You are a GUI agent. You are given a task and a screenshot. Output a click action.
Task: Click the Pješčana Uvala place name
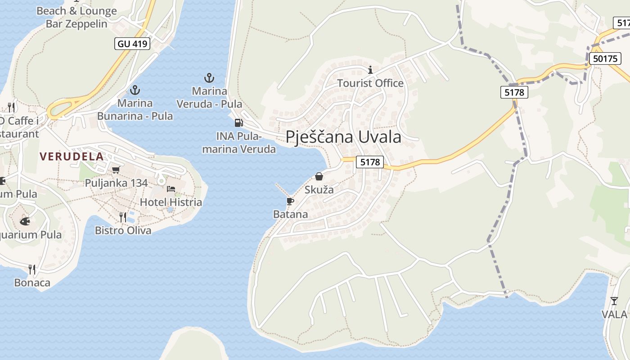[343, 136]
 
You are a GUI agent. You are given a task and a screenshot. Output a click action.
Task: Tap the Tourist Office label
[370, 83]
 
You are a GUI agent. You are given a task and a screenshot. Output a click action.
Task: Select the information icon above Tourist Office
[370, 70]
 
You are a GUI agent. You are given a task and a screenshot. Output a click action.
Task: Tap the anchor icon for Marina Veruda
[209, 78]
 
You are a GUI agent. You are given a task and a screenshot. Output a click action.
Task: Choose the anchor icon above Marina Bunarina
[135, 90]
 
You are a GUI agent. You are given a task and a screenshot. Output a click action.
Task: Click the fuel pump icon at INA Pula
[238, 122]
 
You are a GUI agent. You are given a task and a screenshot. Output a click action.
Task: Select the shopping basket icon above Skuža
[319, 176]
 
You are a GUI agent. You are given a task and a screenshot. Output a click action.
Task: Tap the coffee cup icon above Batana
[290, 201]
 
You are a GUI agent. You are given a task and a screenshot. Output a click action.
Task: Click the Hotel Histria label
[171, 202]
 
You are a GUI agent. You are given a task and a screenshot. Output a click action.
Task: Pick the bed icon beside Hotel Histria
[171, 189]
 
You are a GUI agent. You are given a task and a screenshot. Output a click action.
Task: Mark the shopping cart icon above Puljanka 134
[116, 170]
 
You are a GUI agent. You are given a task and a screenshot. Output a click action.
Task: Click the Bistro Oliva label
[123, 230]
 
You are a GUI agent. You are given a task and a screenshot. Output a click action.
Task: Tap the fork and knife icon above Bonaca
[32, 269]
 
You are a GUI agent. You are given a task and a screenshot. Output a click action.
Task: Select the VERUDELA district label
[72, 157]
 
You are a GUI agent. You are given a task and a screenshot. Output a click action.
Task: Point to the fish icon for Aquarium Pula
[25, 221]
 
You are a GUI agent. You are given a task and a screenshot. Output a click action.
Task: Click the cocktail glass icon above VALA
[614, 301]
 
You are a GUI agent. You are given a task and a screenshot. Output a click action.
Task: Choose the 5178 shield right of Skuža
[370, 162]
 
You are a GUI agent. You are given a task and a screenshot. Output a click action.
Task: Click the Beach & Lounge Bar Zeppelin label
[76, 18]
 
